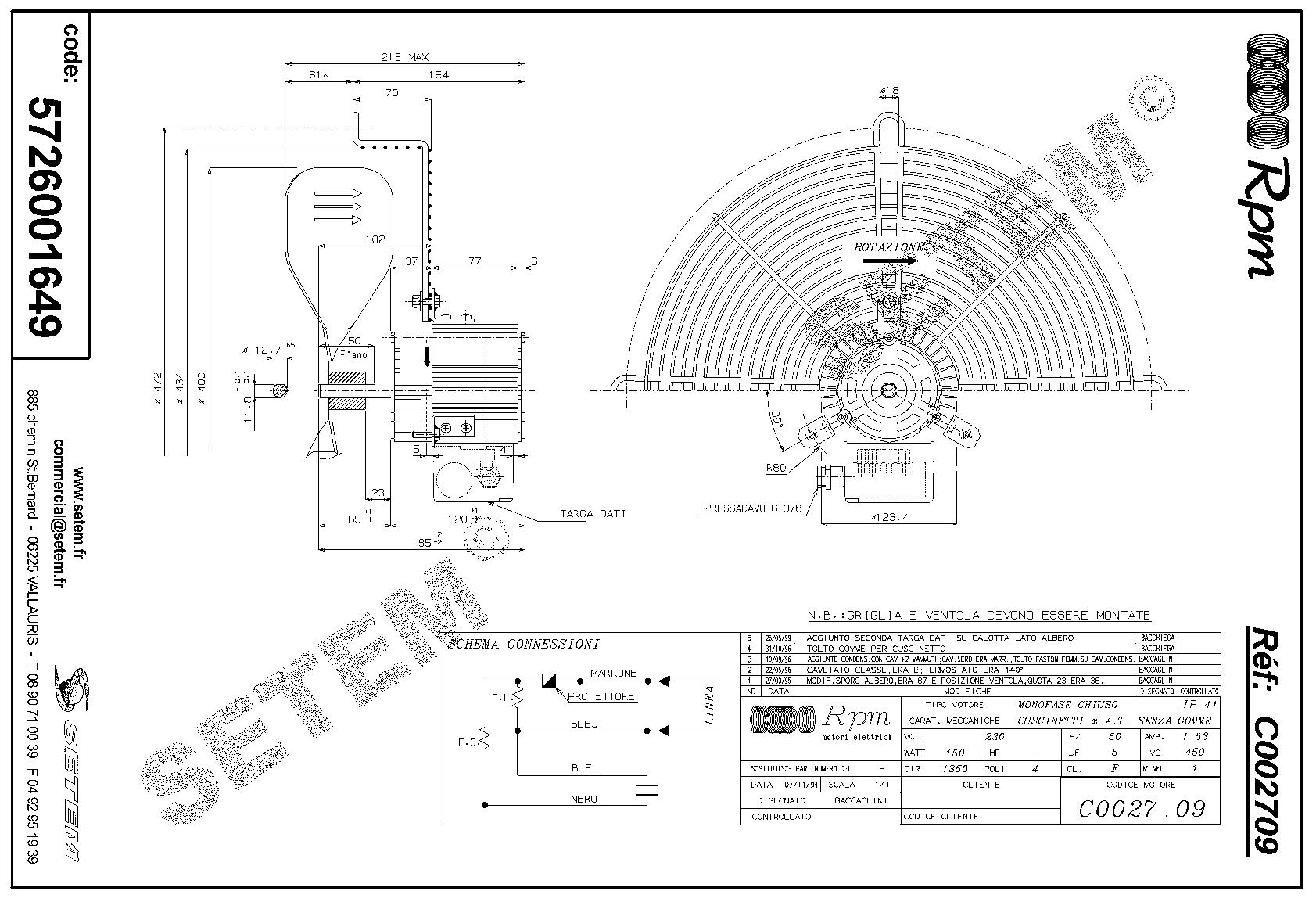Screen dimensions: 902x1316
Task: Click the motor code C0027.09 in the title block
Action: point(1141,808)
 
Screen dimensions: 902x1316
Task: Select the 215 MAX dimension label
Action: point(404,57)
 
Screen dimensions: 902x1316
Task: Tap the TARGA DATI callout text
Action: point(592,514)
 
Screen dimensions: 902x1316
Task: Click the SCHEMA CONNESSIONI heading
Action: point(523,645)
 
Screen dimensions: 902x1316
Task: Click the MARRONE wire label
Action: point(613,673)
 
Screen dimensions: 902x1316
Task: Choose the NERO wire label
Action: point(583,799)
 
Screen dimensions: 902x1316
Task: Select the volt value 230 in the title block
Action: point(995,736)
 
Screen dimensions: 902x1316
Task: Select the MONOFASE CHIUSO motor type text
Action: point(1056,704)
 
